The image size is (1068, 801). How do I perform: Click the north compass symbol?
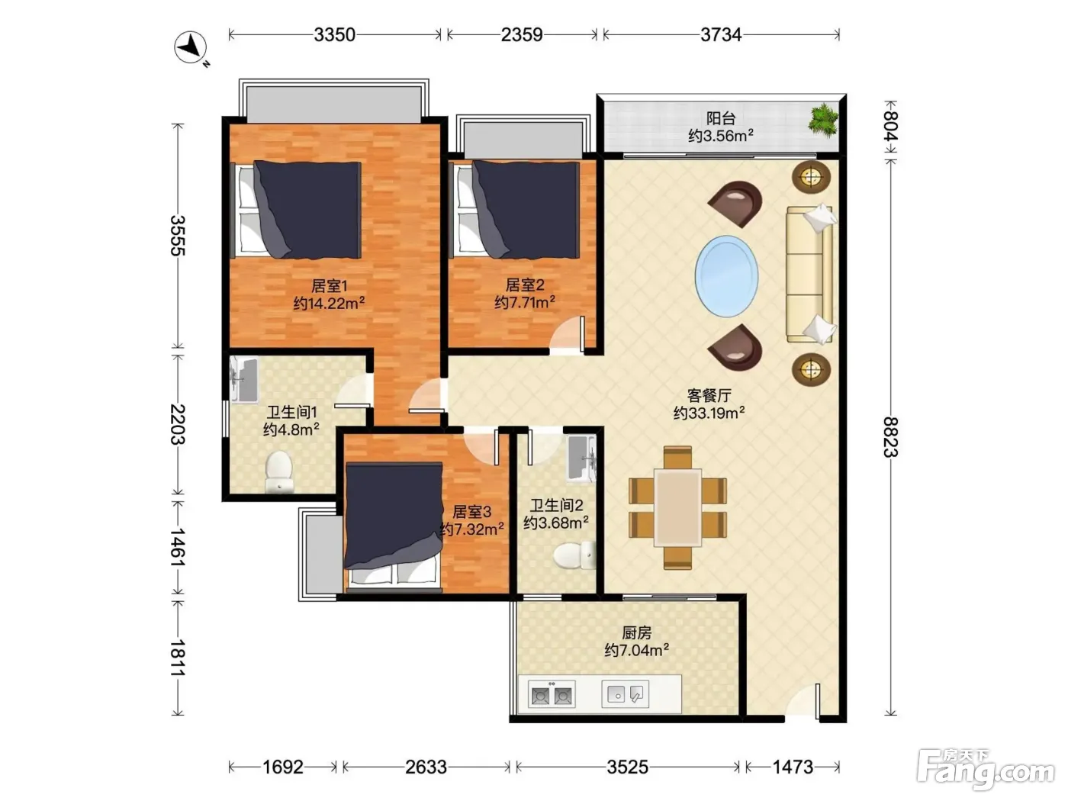pyautogui.click(x=191, y=48)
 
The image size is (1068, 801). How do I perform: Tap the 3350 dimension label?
pyautogui.click(x=334, y=35)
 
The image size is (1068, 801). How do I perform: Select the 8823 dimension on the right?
pyautogui.click(x=890, y=436)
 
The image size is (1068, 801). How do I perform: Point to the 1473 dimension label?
pyautogui.click(x=793, y=767)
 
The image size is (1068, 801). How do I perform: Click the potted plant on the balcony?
pyautogui.click(x=823, y=118)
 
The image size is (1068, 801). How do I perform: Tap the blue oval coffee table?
pyautogui.click(x=726, y=276)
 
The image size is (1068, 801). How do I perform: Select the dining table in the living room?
pyautogui.click(x=677, y=507)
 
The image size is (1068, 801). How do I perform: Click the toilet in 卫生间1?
pyautogui.click(x=279, y=471)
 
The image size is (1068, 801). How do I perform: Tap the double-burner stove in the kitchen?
pyautogui.click(x=552, y=695)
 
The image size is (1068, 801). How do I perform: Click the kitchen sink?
pyautogui.click(x=626, y=693)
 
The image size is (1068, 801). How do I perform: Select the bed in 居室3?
pyautogui.click(x=394, y=527)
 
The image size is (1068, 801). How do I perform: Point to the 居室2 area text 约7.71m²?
pyautogui.click(x=525, y=303)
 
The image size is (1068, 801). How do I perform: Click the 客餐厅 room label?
pyautogui.click(x=709, y=395)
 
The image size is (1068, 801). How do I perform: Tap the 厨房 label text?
pyautogui.click(x=636, y=632)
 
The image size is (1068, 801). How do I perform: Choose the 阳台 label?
pyautogui.click(x=721, y=118)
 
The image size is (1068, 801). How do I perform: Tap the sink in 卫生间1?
pyautogui.click(x=244, y=381)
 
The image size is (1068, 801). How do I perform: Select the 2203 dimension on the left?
pyautogui.click(x=178, y=424)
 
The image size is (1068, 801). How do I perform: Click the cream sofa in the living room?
pyautogui.click(x=809, y=274)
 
